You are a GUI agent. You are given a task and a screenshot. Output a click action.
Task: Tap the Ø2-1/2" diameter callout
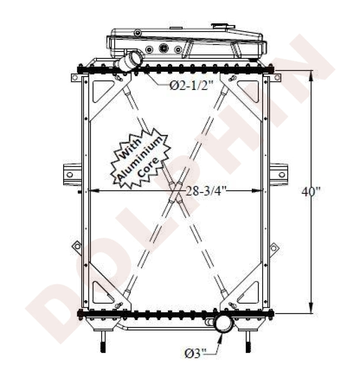pyautogui.click(x=192, y=85)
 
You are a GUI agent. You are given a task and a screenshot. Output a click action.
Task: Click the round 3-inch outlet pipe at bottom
pyautogui.click(x=224, y=324)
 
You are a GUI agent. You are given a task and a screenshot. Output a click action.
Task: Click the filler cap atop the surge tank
pyautogui.click(x=223, y=26)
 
